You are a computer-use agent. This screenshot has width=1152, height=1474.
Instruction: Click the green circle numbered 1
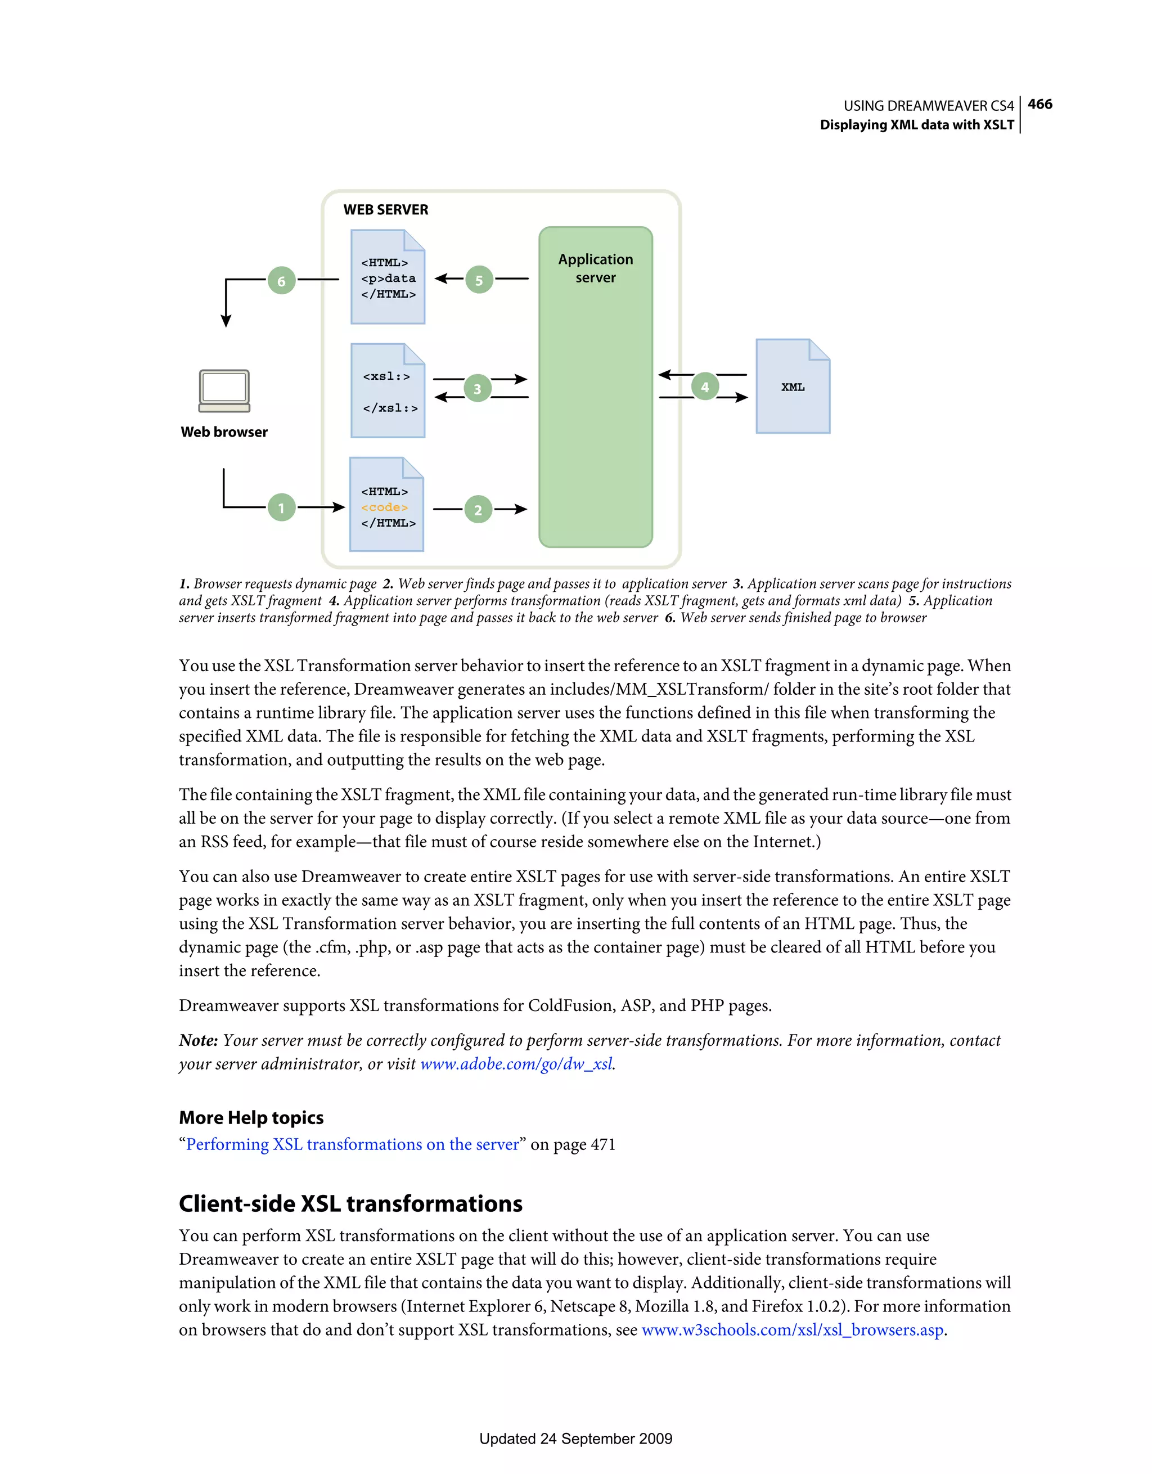(x=281, y=507)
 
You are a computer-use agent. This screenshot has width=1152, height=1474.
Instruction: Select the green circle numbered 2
(x=478, y=510)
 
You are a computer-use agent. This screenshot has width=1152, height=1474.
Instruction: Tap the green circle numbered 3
(x=477, y=388)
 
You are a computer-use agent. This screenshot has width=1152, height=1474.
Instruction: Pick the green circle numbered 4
(x=705, y=387)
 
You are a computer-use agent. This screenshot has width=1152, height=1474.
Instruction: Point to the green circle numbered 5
(x=479, y=280)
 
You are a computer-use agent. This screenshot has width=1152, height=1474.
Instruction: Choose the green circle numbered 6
(x=281, y=280)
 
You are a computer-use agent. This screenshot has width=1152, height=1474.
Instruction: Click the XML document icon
(x=793, y=386)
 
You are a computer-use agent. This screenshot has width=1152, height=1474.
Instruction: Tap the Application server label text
(x=595, y=268)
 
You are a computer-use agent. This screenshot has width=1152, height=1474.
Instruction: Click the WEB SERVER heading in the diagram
(x=385, y=210)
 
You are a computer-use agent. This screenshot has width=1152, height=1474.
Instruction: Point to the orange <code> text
(x=384, y=507)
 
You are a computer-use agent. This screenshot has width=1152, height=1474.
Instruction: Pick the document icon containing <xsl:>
(x=388, y=391)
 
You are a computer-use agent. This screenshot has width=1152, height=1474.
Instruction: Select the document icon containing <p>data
(x=388, y=277)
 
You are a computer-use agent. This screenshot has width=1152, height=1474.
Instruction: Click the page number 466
(x=1040, y=105)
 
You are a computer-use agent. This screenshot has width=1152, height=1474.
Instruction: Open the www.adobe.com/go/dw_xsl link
(x=517, y=1064)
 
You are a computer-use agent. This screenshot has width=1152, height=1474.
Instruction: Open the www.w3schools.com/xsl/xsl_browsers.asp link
(x=793, y=1330)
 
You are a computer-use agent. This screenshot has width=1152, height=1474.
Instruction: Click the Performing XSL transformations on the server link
(x=352, y=1145)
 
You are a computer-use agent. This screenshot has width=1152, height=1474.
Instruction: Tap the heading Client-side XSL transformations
(x=350, y=1204)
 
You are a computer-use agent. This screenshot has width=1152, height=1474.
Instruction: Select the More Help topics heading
(x=251, y=1118)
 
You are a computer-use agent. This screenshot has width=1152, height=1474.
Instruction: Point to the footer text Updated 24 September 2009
(x=575, y=1439)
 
